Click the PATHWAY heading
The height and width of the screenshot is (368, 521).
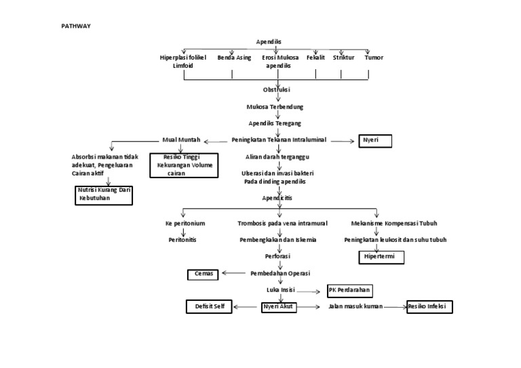(x=77, y=26)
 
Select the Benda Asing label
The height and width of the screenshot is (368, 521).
(x=234, y=58)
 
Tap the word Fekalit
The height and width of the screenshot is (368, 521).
(x=316, y=58)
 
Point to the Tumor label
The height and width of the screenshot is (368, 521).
(x=373, y=58)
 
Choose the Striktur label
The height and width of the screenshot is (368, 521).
(x=343, y=58)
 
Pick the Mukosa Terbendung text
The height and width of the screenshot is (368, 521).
(x=275, y=107)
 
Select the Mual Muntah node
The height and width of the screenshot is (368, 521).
(x=181, y=140)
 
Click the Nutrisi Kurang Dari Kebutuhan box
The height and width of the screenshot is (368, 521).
(x=103, y=195)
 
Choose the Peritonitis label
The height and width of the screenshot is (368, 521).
(x=182, y=240)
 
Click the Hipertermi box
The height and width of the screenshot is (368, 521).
(x=381, y=258)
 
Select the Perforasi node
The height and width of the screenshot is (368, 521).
(x=277, y=257)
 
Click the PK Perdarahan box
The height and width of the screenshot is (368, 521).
(x=350, y=290)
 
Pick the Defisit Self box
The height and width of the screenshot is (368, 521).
(x=209, y=307)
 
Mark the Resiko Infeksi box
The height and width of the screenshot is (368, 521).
(x=430, y=307)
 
